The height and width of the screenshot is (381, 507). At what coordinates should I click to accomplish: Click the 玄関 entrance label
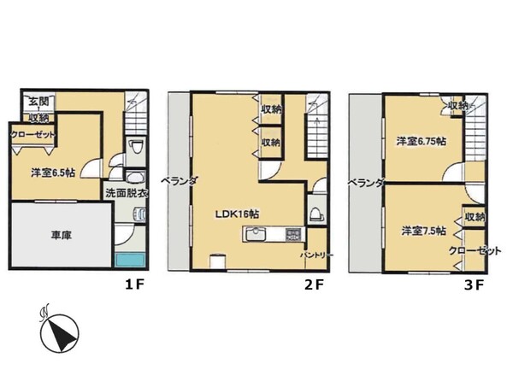tap(39, 102)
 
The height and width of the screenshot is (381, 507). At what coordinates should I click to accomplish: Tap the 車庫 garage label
tap(61, 235)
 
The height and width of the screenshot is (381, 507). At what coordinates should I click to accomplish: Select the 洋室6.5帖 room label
tap(53, 173)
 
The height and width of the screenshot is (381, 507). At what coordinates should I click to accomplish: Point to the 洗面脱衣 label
tap(127, 193)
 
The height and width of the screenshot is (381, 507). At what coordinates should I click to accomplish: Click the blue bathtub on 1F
tap(130, 261)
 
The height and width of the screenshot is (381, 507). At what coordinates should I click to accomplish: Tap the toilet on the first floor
tap(136, 149)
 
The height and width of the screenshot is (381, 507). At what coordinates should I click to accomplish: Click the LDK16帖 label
tap(238, 214)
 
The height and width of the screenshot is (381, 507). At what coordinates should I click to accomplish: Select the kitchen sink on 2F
tap(256, 234)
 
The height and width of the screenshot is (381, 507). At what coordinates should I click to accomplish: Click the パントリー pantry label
tap(316, 255)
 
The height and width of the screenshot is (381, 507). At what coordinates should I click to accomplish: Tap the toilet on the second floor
tap(317, 214)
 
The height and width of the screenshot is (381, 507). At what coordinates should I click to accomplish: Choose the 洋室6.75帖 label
tap(422, 141)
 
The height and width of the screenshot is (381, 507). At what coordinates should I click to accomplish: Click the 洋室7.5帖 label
tap(424, 231)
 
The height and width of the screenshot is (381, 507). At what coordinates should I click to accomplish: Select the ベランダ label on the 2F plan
tap(179, 181)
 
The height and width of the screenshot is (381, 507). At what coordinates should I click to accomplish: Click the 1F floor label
tap(134, 284)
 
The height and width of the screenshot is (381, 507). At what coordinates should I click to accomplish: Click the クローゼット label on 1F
tap(32, 134)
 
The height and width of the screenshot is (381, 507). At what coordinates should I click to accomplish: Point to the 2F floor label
tap(314, 284)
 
